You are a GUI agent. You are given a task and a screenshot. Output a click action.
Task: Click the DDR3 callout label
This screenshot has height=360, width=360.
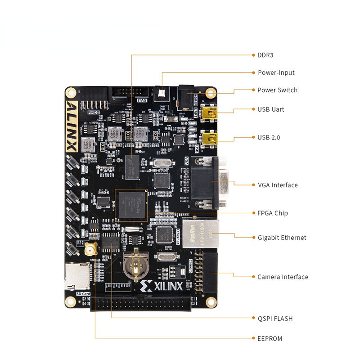[x=265, y=55]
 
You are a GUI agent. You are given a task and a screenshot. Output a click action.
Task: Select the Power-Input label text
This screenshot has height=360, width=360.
[x=276, y=72]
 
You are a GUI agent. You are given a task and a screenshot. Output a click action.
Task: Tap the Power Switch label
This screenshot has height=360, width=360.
[x=277, y=90]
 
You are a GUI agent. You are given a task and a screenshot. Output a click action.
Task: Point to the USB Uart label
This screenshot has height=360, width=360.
[x=270, y=109]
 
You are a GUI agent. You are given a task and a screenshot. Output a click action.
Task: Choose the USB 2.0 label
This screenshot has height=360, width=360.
[x=269, y=137]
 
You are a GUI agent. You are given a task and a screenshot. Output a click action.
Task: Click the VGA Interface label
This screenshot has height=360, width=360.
[x=278, y=185]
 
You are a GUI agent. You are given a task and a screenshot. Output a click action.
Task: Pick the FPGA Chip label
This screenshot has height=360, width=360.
[x=273, y=213]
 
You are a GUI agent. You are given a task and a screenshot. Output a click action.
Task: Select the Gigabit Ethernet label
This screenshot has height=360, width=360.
[x=282, y=238]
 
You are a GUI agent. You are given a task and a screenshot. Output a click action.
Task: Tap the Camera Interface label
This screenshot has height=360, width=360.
[x=283, y=277]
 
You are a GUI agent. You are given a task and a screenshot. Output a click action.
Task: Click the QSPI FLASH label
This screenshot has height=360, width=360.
[x=275, y=319]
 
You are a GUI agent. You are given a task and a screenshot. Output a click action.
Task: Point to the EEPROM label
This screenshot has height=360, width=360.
[x=270, y=338]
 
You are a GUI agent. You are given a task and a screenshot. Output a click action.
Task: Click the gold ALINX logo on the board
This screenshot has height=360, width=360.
[x=72, y=126]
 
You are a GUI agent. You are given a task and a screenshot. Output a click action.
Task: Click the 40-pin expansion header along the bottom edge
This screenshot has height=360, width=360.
[x=144, y=303]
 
